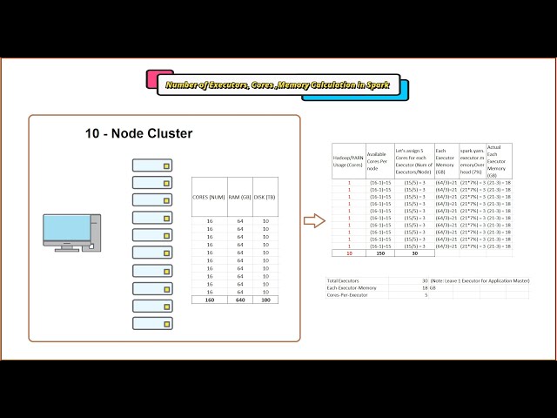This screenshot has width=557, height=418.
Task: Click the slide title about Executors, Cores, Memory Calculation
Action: (278, 85)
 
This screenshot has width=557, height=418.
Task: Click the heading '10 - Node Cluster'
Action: (138, 133)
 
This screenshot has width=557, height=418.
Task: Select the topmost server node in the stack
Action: (152, 165)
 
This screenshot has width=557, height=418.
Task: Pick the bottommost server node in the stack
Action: (152, 323)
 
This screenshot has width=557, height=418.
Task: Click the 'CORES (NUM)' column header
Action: (209, 198)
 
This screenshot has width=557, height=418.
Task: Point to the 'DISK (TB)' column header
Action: (265, 198)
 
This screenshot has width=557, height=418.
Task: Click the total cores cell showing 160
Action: (209, 300)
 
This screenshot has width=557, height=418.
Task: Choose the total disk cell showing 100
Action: (265, 300)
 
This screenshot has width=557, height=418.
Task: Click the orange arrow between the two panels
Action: (313, 220)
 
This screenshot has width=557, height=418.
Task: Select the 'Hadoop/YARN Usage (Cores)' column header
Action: (348, 161)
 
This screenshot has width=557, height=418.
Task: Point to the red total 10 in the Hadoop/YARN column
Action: (349, 253)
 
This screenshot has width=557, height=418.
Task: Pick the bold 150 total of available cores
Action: (379, 253)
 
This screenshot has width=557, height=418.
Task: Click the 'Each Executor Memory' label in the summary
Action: (352, 288)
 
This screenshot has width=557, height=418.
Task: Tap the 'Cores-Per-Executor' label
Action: (347, 295)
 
